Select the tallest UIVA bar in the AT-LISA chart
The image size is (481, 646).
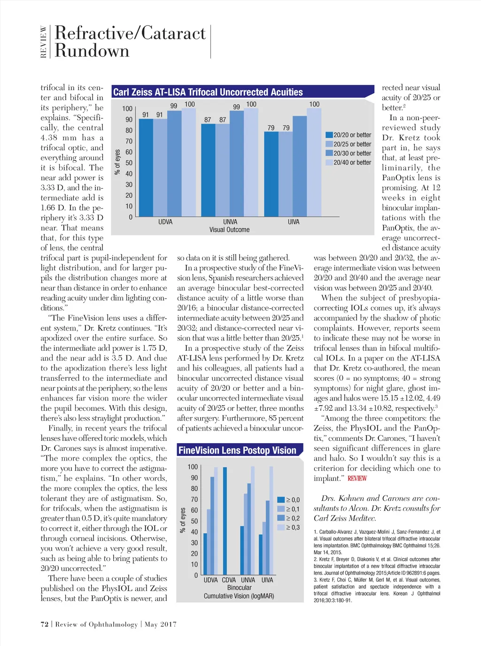coord(314,162)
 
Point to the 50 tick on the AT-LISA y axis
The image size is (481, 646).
coord(129,163)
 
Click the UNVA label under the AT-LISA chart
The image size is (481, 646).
coord(230,222)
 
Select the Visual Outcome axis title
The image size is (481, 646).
coord(229,230)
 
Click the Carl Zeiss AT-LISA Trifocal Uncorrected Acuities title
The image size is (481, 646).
coord(208,92)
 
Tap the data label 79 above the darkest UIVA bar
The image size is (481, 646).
coord(271,128)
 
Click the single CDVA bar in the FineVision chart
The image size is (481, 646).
coord(225,521)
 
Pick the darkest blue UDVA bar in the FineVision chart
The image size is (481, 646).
coord(205,554)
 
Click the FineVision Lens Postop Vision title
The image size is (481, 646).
coord(237,451)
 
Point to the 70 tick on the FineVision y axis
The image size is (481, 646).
coord(194,500)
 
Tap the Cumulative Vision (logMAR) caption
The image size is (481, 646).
coord(239,596)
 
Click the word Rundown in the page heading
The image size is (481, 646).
coord(92,51)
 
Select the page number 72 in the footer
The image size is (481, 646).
coord(45,624)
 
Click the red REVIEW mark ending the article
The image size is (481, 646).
coord(357,478)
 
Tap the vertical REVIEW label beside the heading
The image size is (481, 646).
coord(44,42)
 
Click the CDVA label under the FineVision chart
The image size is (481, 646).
coord(229,580)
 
